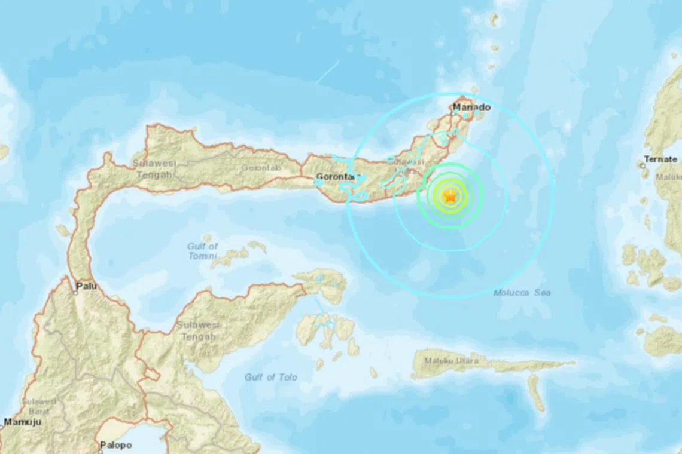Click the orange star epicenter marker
point(450,195)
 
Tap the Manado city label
point(471,108)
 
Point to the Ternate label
point(660,159)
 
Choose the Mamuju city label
point(21,422)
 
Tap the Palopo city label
point(115,445)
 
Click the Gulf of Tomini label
point(202,251)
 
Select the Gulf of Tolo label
point(270,377)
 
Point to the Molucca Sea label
point(522,293)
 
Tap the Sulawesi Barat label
point(38,407)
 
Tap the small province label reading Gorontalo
point(261,168)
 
